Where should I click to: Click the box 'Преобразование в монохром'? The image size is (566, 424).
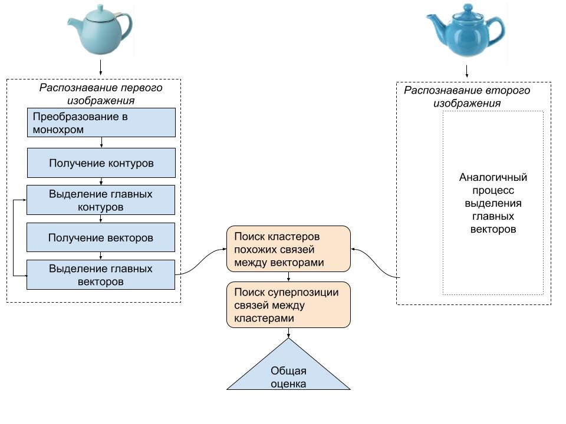101,122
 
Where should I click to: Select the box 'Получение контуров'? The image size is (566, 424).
101,163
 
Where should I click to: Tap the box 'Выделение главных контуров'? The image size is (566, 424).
101,200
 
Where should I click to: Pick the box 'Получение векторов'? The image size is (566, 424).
101,238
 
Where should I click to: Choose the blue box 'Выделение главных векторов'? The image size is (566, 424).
101,274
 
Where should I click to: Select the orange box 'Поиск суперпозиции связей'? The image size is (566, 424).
288,305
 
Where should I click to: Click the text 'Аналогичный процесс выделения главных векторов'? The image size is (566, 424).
493,203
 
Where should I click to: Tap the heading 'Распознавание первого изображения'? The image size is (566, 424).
101,94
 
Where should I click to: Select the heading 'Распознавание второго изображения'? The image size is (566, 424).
467,97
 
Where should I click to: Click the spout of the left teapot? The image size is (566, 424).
74,24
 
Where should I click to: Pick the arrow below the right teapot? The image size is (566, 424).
467,71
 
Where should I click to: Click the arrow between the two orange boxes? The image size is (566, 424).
288,277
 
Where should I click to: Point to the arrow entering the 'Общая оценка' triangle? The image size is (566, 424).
288,333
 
